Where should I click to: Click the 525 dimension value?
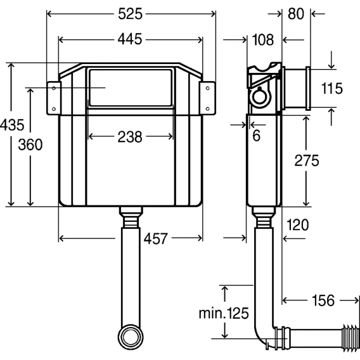click(x=130, y=14)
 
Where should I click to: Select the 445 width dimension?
click(x=130, y=39)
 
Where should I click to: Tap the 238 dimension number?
click(x=130, y=137)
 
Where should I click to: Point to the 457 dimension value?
click(x=156, y=239)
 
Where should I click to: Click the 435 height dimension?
click(x=12, y=125)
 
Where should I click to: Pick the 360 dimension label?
click(x=30, y=145)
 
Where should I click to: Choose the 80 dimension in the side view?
click(x=296, y=14)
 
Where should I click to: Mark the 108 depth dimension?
click(x=263, y=40)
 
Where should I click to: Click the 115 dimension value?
click(x=332, y=88)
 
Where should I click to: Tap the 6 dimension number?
click(x=257, y=136)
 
